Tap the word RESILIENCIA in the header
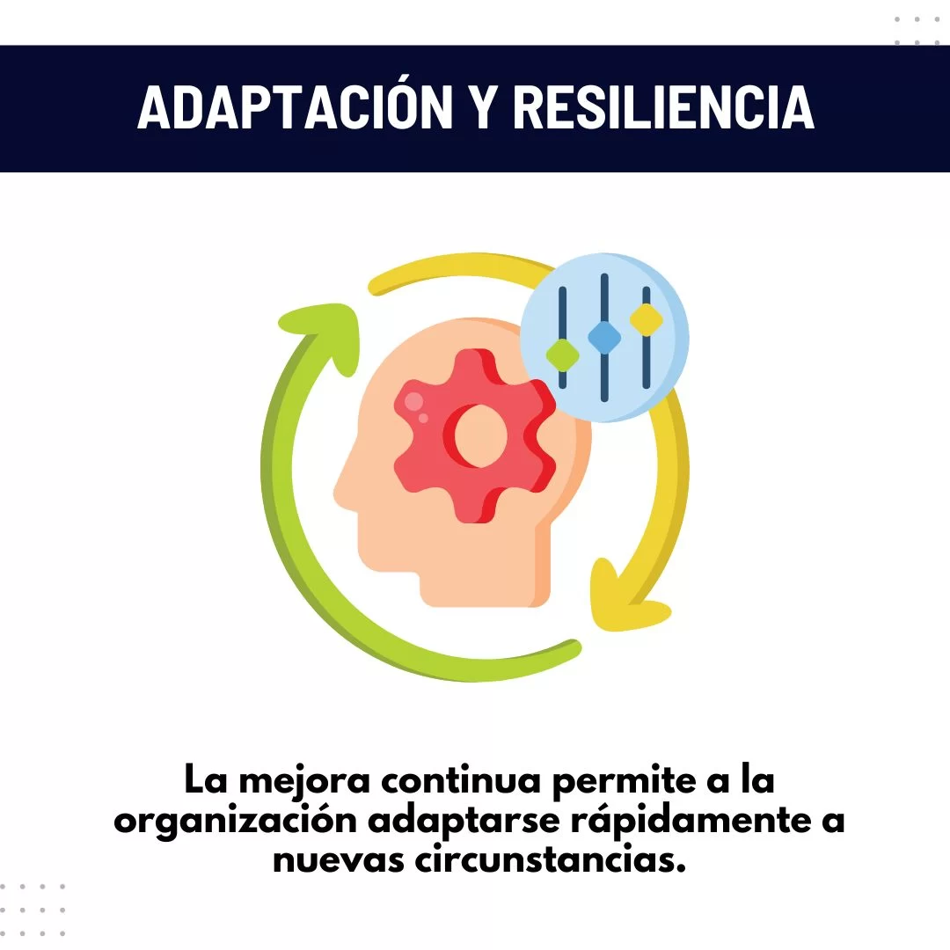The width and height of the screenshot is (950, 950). (x=664, y=106)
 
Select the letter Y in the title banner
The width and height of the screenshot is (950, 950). (x=484, y=106)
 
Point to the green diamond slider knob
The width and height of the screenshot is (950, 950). (x=562, y=355)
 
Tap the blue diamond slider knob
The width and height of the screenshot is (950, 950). (x=604, y=337)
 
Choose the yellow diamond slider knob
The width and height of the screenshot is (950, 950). (x=646, y=318)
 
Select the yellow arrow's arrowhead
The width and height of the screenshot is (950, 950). (x=624, y=600)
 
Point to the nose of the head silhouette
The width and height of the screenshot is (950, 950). (x=340, y=492)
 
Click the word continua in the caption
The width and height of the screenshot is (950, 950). (x=460, y=780)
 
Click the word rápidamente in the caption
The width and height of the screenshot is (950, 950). (x=691, y=822)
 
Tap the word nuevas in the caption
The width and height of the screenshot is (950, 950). (x=338, y=861)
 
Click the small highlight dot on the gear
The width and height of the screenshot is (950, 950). (x=423, y=418)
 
